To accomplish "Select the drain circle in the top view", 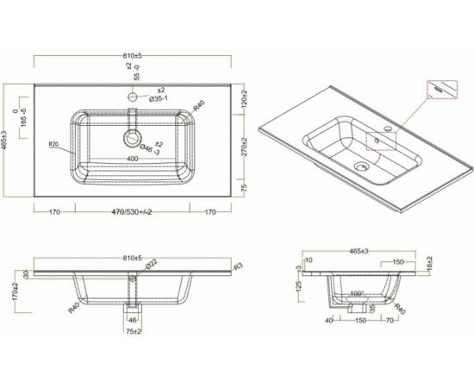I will tap(132, 138).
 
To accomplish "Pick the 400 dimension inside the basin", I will tap(133, 160).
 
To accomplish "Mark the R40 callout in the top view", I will tap(199, 105).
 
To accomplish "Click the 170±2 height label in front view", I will tap(14, 292).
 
